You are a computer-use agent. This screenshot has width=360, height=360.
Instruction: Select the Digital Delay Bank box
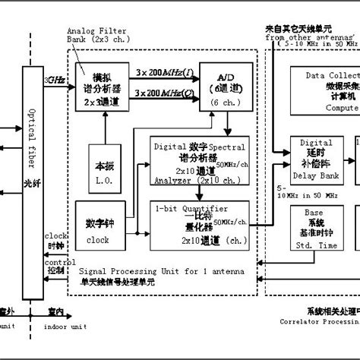[x=316, y=160]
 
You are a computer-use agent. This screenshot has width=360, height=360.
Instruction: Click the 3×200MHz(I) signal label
[x=163, y=71]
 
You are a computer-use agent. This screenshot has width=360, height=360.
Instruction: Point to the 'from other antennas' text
[x=308, y=36]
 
